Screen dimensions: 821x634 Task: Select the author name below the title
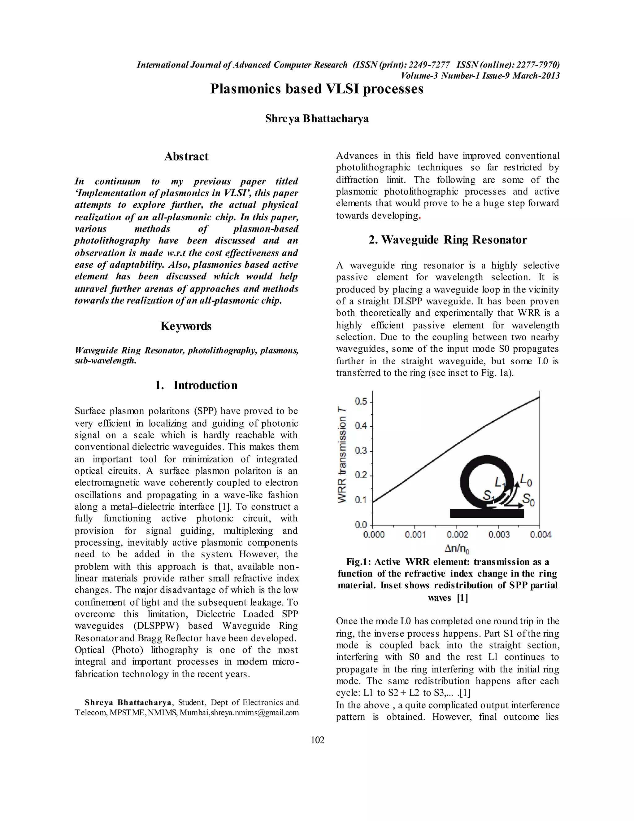tap(317, 119)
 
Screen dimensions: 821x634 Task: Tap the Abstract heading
tap(186, 156)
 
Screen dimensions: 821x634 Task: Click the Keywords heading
tap(186, 326)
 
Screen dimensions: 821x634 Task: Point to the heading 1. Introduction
tap(196, 385)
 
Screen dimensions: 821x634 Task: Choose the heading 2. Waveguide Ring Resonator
tap(447, 240)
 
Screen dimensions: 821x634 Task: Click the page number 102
tap(317, 740)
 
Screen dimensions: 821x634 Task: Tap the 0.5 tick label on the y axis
tap(361, 402)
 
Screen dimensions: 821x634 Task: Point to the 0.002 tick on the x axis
tap(457, 534)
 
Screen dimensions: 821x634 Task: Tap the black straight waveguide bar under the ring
tap(487, 513)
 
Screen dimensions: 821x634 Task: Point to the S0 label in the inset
tap(528, 500)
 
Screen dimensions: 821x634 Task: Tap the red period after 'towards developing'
tap(419, 217)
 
